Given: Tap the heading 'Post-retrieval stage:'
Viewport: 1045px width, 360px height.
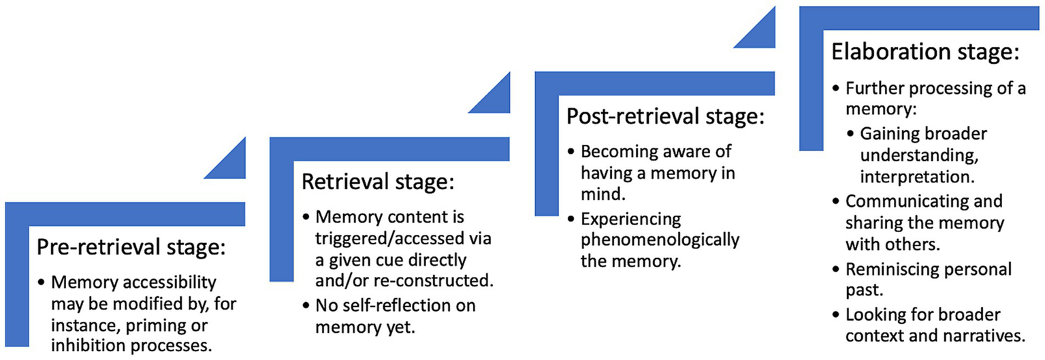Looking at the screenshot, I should (x=665, y=116).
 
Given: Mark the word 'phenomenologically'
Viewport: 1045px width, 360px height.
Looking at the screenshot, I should (x=659, y=240).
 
